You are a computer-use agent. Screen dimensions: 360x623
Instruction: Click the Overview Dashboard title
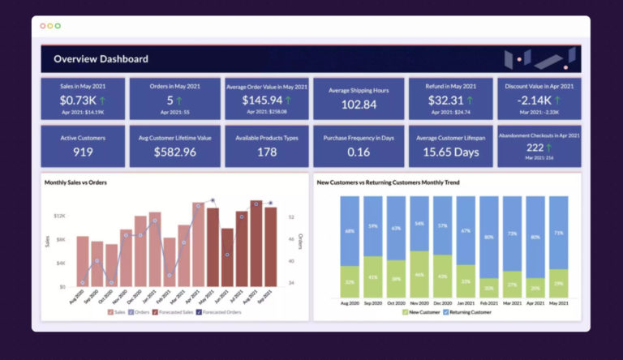click(101, 59)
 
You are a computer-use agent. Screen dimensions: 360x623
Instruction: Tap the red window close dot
click(43, 26)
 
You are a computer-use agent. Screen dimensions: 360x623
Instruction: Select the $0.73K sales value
click(78, 101)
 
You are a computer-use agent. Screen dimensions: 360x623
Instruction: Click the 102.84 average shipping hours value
click(359, 105)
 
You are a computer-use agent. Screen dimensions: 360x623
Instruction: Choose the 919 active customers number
click(83, 152)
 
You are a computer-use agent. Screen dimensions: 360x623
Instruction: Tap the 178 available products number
click(267, 152)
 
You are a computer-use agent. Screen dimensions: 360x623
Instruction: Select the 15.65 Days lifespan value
click(450, 152)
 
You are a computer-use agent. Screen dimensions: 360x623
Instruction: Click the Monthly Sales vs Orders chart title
click(75, 182)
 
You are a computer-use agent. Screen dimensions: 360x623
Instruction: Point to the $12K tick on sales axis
click(60, 216)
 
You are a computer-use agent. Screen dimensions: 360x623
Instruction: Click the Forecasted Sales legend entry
click(173, 311)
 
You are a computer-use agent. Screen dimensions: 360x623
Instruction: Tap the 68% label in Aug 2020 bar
click(350, 231)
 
